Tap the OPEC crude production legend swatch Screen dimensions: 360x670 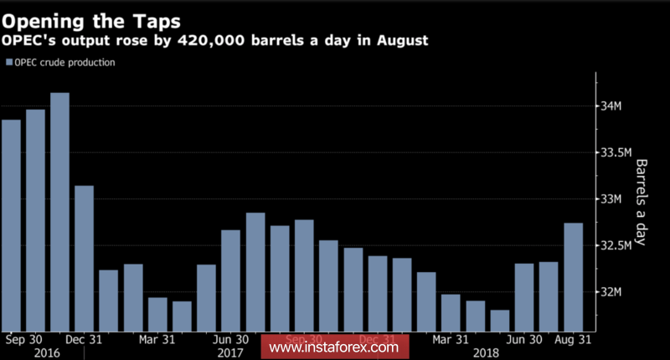coord(9,63)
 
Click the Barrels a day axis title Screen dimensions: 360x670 coord(642,202)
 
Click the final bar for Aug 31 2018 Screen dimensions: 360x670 coord(574,275)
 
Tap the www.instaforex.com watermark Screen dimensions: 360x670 coord(334,346)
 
